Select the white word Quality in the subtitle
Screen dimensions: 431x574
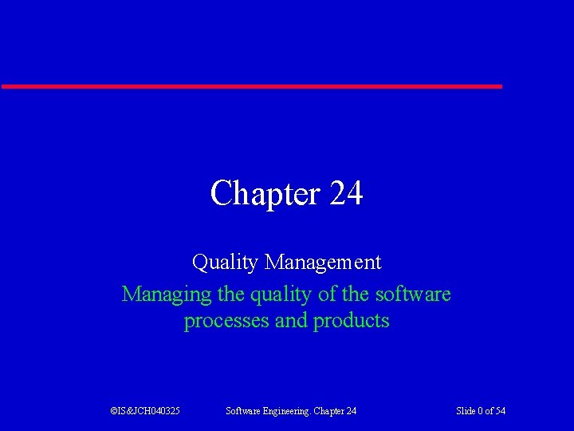(226, 262)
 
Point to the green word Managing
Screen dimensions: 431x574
(167, 295)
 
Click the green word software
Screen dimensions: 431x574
(413, 295)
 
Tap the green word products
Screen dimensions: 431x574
(352, 321)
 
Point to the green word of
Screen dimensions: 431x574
(327, 295)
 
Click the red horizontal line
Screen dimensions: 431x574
(251, 85)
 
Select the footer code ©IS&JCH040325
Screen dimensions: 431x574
(145, 411)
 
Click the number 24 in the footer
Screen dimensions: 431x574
(352, 411)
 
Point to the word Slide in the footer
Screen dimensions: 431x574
(466, 411)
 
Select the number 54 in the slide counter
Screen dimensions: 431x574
(500, 411)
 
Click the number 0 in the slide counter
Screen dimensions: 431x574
(481, 411)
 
